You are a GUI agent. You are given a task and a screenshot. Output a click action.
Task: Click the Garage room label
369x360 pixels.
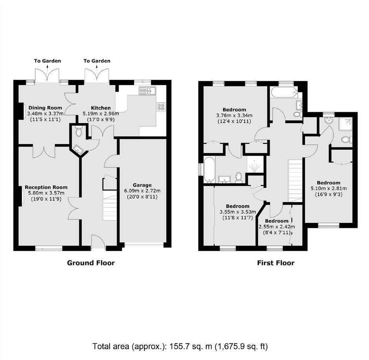(x=142, y=185)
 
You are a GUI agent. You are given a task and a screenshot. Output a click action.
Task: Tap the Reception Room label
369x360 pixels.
(x=46, y=187)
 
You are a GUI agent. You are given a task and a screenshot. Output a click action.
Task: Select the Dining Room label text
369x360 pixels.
(x=45, y=108)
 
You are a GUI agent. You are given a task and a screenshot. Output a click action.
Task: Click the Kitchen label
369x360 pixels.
(x=101, y=108)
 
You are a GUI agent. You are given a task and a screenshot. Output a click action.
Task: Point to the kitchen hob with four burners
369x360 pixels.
(x=161, y=107)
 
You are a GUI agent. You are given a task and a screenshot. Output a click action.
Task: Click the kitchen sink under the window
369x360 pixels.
(x=147, y=91)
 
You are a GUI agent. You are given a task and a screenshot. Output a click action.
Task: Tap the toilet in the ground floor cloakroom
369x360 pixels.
(x=79, y=132)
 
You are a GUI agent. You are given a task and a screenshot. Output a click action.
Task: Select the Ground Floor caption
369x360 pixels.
(x=91, y=263)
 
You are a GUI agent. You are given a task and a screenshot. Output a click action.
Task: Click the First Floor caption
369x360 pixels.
(x=276, y=263)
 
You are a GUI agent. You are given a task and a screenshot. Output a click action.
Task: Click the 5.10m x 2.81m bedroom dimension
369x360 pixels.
(x=329, y=189)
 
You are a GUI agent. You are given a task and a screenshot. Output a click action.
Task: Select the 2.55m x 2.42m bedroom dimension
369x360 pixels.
(x=277, y=227)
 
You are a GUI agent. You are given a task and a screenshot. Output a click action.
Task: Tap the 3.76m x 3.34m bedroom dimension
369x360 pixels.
(x=234, y=116)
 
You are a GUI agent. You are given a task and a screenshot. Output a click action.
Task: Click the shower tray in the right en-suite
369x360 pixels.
(x=345, y=124)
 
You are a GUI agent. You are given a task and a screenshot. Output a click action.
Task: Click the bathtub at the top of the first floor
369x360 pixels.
(x=285, y=92)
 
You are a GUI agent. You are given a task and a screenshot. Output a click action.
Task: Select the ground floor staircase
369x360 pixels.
(x=110, y=205)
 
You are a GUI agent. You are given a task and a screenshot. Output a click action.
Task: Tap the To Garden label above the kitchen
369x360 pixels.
(x=97, y=61)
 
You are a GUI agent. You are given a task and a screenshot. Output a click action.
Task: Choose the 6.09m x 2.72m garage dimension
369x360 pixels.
(x=142, y=191)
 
